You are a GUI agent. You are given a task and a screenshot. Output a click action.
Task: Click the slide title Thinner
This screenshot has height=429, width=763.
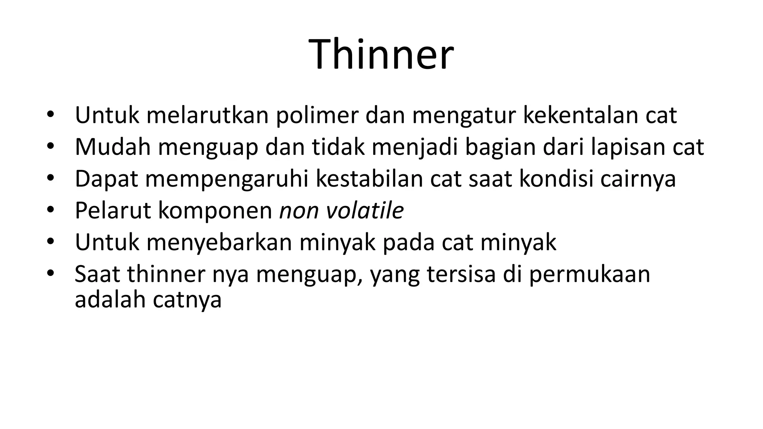tap(381, 55)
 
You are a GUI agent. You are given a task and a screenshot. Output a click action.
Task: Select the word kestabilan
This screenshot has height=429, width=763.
tap(369, 179)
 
